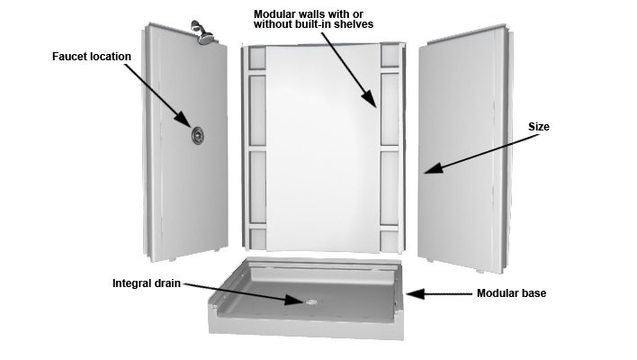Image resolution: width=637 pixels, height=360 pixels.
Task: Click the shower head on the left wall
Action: point(203,32)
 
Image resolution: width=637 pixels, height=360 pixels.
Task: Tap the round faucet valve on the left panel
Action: point(197,135)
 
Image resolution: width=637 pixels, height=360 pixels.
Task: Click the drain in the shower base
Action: point(312,301)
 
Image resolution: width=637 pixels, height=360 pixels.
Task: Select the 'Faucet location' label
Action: point(92,57)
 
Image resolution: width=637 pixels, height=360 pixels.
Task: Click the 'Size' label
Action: point(539,127)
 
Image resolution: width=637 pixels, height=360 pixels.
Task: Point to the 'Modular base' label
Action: point(511,293)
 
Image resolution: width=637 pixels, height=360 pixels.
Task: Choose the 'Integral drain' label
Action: point(147,283)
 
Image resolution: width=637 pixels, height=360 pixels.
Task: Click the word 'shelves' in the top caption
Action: point(354,24)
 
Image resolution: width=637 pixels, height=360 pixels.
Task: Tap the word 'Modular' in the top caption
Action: point(273,14)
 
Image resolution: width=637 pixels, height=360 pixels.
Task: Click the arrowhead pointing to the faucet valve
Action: point(184,119)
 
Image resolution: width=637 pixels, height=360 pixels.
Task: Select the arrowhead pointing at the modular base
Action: point(415,293)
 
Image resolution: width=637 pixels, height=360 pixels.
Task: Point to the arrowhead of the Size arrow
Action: point(433,167)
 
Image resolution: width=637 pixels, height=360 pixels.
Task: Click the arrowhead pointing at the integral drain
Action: point(295,300)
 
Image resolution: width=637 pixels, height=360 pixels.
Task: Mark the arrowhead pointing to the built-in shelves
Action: point(370,99)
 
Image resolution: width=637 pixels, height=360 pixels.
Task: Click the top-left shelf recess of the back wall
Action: point(257,58)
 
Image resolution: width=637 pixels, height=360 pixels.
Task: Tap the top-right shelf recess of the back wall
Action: point(390,56)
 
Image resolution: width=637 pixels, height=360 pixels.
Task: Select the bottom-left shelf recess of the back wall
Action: point(257,239)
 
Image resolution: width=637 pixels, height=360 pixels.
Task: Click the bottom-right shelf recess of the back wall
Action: point(390,241)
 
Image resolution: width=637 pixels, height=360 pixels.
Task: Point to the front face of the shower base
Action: point(306,327)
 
